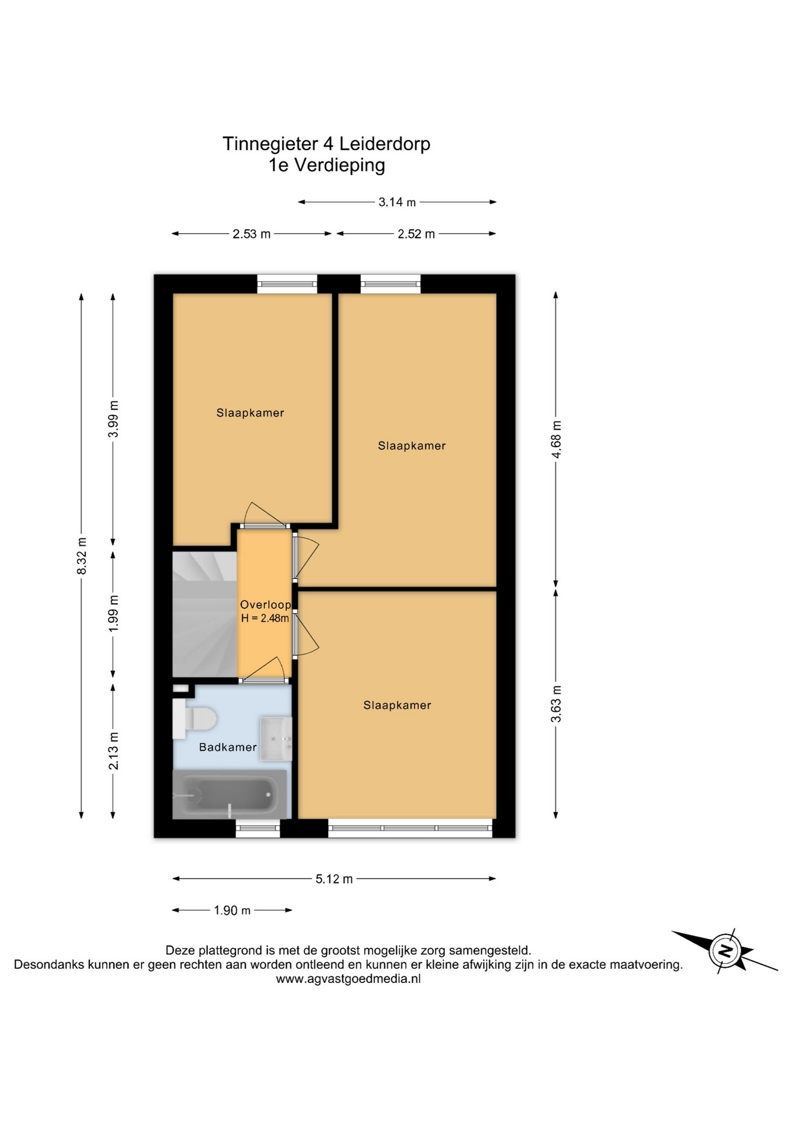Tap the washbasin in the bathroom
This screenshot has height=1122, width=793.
[x=276, y=739]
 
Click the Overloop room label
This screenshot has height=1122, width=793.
[x=265, y=605]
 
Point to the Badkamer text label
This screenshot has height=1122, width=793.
[x=228, y=747]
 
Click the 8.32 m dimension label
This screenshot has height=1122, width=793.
[x=82, y=555]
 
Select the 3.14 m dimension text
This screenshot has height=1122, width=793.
[x=397, y=202]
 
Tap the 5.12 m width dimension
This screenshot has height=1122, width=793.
[x=334, y=879]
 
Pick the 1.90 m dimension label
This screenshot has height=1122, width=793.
[x=232, y=910]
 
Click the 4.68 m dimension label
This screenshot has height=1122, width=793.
[x=556, y=439]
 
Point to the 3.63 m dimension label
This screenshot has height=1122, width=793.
[x=556, y=704]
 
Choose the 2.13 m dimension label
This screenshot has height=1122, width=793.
[x=113, y=751]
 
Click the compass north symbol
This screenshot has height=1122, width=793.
[x=725, y=950]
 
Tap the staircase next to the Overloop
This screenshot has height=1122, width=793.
[x=204, y=614]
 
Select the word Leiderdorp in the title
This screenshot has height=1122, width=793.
[x=385, y=144]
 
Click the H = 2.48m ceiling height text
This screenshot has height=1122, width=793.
[x=265, y=618]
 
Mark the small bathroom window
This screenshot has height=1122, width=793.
[x=258, y=828]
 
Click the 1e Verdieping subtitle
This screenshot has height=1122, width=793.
[x=326, y=166]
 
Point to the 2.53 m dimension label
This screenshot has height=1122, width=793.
[x=252, y=234]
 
